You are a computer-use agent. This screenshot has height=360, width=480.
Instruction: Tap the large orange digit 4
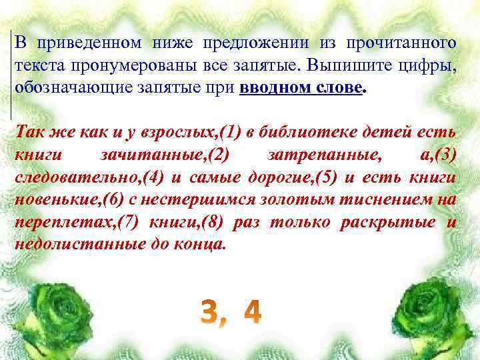tap(252, 312)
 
